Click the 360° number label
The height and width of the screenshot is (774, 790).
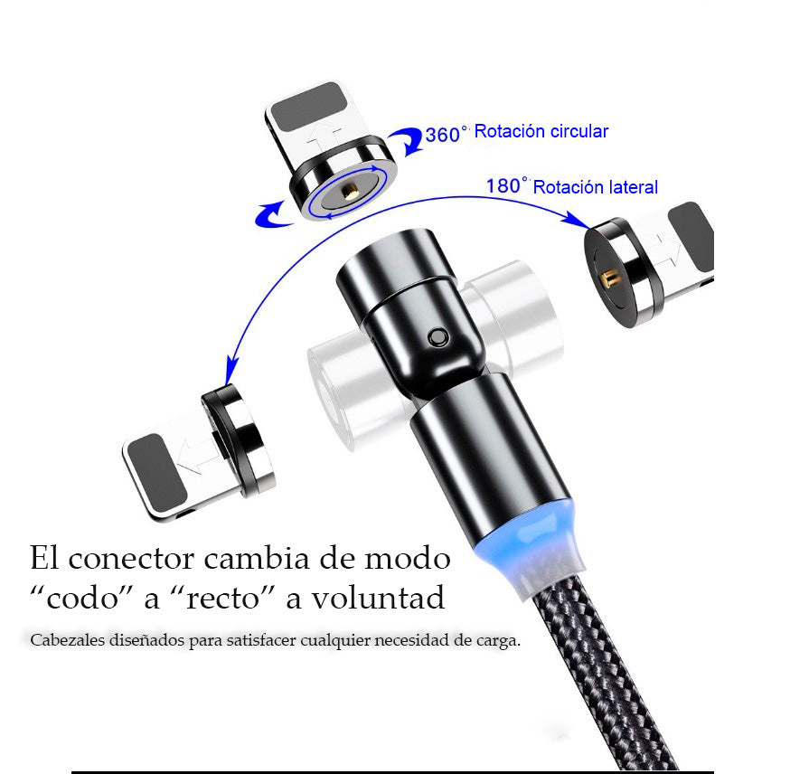point(445,135)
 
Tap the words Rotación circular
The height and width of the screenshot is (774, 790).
point(541,131)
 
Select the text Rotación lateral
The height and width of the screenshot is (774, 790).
point(595,187)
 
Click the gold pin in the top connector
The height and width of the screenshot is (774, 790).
point(348,192)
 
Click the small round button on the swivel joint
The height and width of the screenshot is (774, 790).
point(437,337)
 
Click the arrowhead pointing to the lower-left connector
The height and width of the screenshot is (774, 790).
point(231,371)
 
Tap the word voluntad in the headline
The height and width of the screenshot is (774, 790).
point(378,599)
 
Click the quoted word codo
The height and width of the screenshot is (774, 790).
point(81,599)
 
